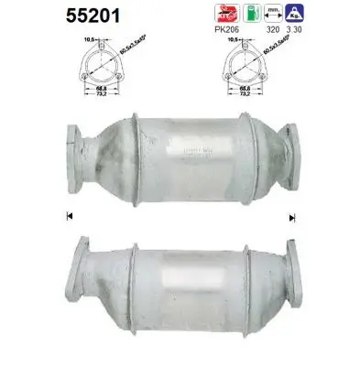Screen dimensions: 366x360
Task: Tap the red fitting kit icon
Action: [223, 14]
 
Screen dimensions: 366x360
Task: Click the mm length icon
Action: [271, 14]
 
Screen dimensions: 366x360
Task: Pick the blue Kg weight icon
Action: [295, 14]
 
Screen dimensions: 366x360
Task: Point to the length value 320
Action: [272, 29]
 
